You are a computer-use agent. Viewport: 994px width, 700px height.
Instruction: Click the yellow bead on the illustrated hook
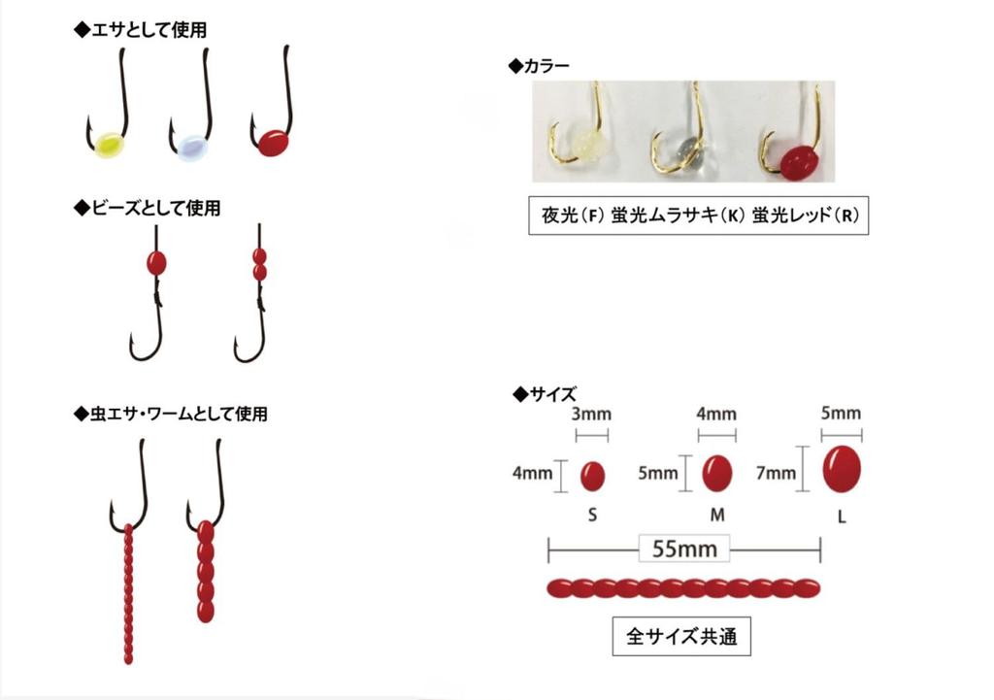point(109,146)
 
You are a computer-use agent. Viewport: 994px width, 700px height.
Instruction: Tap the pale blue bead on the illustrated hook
point(191,148)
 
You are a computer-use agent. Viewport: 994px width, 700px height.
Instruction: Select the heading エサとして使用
point(141,30)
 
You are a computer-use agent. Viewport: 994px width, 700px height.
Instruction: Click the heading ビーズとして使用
point(148,208)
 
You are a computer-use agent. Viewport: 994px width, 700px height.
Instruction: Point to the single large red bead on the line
point(156,262)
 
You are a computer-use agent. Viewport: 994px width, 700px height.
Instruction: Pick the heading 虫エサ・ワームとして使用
point(171,414)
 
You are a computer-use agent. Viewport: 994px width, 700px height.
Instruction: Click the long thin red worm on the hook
point(129,593)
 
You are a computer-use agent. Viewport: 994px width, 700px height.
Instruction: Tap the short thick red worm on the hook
point(206,571)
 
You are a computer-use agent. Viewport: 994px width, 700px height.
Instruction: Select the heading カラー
point(540,65)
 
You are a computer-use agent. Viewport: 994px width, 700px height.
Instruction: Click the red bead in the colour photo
point(798,162)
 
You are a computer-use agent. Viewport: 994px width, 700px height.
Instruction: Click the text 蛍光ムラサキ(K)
point(678,216)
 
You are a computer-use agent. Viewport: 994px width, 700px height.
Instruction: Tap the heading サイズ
point(546,394)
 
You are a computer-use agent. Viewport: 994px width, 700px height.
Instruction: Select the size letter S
point(592,515)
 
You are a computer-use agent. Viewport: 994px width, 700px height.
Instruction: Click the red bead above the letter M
point(717,473)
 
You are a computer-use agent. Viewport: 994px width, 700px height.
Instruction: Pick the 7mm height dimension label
point(776,473)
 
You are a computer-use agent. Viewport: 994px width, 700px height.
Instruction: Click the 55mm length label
point(684,549)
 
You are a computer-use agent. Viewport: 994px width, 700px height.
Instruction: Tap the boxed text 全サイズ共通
point(681,636)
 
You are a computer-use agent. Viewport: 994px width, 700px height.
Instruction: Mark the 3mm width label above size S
point(591,414)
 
